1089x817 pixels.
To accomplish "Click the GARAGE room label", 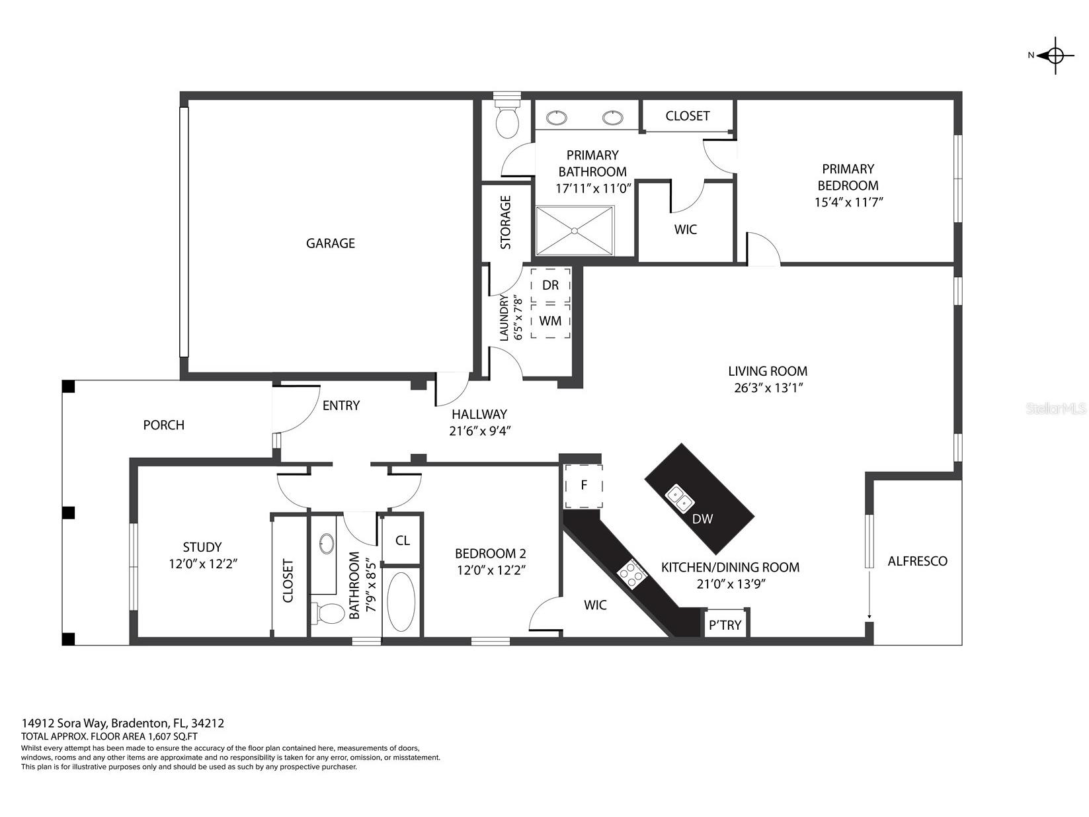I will click(330, 243).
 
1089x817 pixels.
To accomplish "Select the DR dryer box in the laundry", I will click(550, 285).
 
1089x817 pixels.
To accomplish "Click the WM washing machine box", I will click(550, 321).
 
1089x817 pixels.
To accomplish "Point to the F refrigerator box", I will click(583, 486).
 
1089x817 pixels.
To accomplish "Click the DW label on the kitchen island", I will click(702, 519).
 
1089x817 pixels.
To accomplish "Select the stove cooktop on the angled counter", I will click(631, 572).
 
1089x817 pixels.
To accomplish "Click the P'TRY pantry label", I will click(725, 625).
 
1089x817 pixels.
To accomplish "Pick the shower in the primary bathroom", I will click(575, 230).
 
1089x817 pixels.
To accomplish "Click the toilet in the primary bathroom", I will click(508, 118).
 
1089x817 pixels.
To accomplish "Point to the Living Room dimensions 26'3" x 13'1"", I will click(768, 388).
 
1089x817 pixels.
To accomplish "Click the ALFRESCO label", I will click(917, 561).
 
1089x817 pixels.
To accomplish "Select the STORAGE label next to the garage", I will click(506, 222).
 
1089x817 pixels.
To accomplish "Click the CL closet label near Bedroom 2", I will click(402, 540).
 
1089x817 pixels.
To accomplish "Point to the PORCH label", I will click(163, 425).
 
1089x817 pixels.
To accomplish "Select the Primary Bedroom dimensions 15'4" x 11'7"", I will click(848, 202).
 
